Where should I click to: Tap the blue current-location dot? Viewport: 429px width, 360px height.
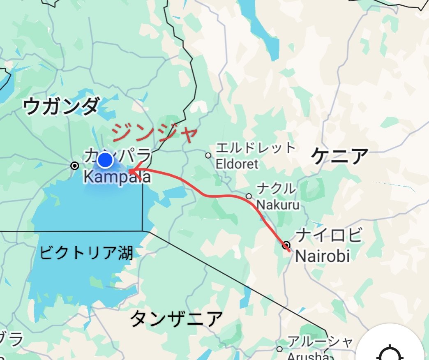tap(105, 160)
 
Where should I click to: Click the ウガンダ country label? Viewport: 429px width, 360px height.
tap(61, 106)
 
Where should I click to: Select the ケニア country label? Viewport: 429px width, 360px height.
tap(339, 156)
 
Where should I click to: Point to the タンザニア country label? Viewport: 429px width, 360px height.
tap(177, 318)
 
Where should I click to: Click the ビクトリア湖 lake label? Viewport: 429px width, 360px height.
tap(86, 253)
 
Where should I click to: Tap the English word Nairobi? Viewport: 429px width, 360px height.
tap(323, 256)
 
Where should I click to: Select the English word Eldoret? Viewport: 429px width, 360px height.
tap(237, 164)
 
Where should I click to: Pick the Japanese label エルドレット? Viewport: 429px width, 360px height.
tap(256, 148)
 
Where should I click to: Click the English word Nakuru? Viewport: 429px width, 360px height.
tap(278, 204)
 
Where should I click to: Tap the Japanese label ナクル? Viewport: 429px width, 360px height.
tap(276, 189)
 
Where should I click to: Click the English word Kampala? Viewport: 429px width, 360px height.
tap(117, 178)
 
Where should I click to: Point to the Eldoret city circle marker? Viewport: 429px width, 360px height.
tap(208, 155)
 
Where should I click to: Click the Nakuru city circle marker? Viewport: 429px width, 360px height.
tap(249, 196)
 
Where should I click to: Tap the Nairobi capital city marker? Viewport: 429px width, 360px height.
tap(286, 245)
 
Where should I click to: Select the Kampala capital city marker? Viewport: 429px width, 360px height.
tap(75, 166)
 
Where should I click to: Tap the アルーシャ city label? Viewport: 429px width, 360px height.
tap(320, 342)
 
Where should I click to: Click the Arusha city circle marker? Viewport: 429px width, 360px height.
tap(279, 349)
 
